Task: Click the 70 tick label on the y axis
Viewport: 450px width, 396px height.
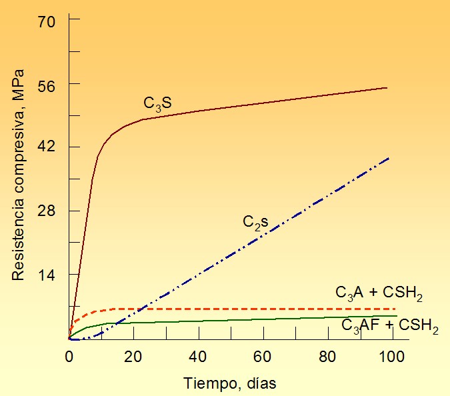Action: click(x=46, y=22)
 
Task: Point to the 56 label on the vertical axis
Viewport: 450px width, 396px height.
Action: click(x=46, y=86)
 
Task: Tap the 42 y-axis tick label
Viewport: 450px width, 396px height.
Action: click(x=46, y=147)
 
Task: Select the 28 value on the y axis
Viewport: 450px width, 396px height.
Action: click(x=46, y=211)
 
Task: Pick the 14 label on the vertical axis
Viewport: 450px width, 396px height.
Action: click(x=46, y=275)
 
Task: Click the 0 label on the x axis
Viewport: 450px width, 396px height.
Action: click(x=69, y=357)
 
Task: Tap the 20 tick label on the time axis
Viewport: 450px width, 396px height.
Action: click(x=133, y=357)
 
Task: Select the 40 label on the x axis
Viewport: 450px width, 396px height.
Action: click(x=198, y=357)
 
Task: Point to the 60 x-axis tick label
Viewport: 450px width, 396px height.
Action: click(x=262, y=357)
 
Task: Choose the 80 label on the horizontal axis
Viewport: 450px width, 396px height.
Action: click(x=327, y=357)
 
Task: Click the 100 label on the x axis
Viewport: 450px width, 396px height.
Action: click(x=391, y=357)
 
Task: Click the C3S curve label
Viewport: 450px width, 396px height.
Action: click(x=157, y=104)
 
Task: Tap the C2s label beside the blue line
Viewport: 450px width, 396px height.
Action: click(x=255, y=223)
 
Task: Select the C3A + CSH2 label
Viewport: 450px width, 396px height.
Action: click(x=379, y=294)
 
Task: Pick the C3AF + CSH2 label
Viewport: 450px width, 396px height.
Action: click(x=390, y=327)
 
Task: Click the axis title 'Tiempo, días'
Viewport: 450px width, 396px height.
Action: click(x=229, y=383)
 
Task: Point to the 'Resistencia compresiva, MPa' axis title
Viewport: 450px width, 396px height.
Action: click(x=18, y=175)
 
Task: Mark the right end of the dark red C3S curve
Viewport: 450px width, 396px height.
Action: click(x=387, y=88)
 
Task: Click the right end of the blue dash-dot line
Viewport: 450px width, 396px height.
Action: click(x=389, y=158)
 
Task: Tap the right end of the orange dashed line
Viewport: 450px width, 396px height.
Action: click(x=395, y=309)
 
